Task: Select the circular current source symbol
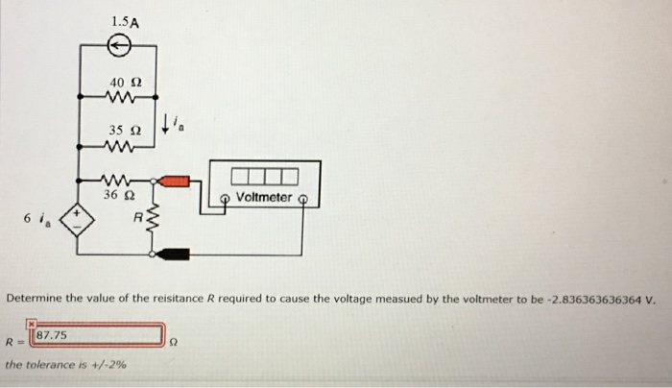coord(117,44)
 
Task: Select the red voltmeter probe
coord(177,180)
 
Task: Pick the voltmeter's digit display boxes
coord(264,177)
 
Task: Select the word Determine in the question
coord(35,299)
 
